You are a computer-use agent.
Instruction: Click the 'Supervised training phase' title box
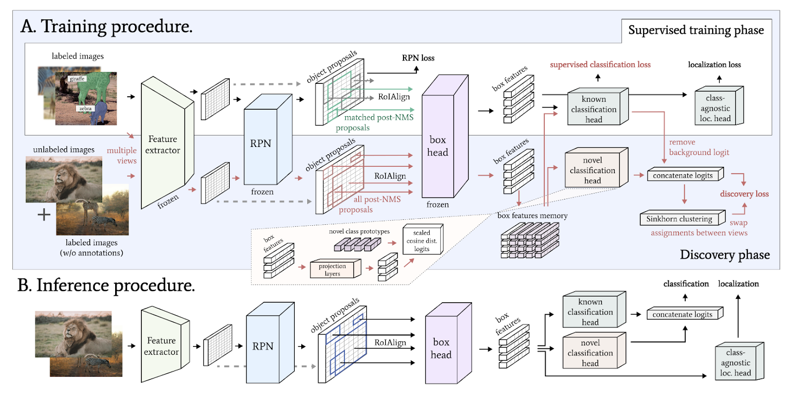[x=696, y=30]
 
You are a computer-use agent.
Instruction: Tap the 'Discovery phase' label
[x=725, y=255]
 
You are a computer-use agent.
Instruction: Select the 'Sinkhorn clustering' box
[x=679, y=219]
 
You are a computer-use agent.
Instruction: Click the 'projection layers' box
[x=332, y=269]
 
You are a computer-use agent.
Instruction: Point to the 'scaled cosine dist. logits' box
[x=422, y=241]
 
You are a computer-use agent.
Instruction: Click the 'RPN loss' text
[x=418, y=58]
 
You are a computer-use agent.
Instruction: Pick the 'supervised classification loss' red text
[x=600, y=65]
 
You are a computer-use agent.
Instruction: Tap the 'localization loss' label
[x=714, y=65]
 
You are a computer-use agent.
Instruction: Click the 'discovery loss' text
[x=744, y=194]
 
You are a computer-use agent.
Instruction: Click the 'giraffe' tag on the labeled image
[x=77, y=79]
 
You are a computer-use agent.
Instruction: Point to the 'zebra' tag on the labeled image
[x=85, y=108]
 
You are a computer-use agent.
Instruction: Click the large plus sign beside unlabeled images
[x=44, y=214]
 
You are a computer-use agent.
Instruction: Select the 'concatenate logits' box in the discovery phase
[x=683, y=175]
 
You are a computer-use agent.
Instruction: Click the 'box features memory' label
[x=532, y=215]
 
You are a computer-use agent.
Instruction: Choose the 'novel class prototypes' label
[x=359, y=231]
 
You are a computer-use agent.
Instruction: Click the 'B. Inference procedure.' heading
[x=106, y=285]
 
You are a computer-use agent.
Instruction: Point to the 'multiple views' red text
[x=122, y=155]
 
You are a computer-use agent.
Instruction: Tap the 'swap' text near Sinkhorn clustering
[x=738, y=223]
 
